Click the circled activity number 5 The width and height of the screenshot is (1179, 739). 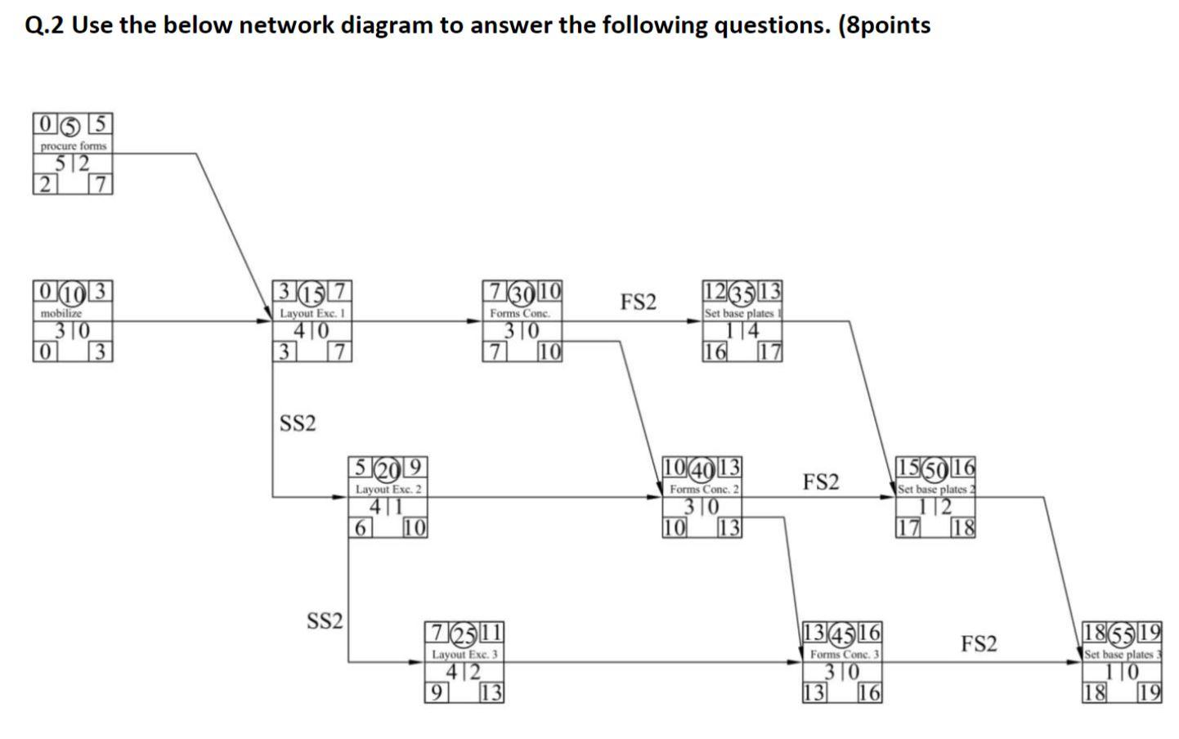pos(73,126)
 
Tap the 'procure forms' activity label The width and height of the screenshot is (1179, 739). pos(74,146)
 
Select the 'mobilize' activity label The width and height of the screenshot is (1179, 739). pos(61,313)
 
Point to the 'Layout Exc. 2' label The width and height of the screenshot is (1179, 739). pos(388,489)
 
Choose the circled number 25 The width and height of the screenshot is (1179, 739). pos(464,634)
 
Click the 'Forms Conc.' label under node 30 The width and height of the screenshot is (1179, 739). pos(520,313)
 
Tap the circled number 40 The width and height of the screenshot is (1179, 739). pos(702,468)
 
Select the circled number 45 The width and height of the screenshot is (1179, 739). pos(842,634)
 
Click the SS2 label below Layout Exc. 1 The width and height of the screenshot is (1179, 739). pos(298,423)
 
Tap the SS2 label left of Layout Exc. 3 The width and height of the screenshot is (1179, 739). pos(325,621)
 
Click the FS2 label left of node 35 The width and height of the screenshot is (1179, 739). pos(638,302)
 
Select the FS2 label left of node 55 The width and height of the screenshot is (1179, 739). pos(979,644)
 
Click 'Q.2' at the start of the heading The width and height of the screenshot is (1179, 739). pos(45,25)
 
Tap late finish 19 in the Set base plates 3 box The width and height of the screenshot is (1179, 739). pos(1150,693)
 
